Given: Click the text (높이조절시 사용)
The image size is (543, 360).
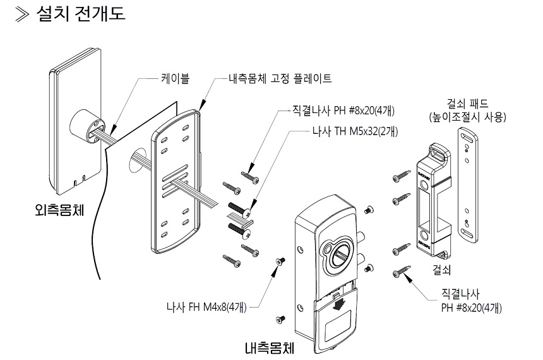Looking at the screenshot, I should [x=467, y=116].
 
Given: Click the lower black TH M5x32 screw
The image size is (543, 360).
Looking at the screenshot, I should [x=236, y=227].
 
